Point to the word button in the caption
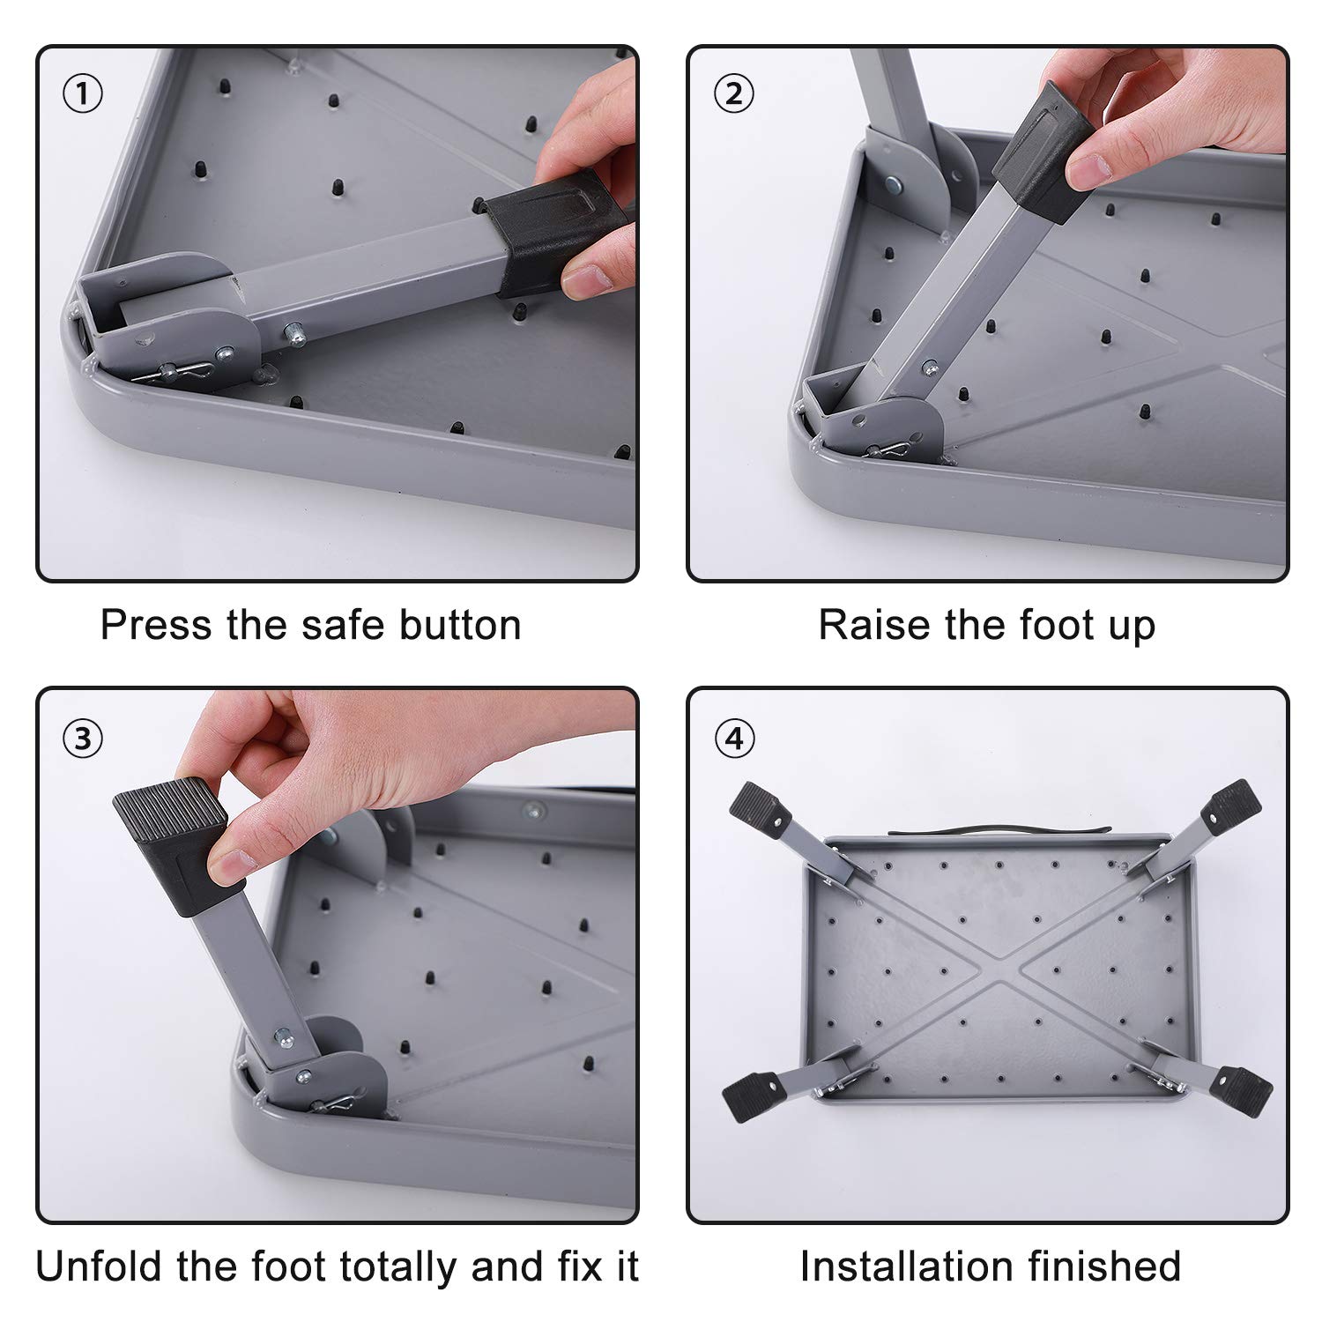(459, 625)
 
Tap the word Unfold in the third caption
(98, 1266)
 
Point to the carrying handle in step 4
(999, 830)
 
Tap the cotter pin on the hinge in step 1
(184, 373)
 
